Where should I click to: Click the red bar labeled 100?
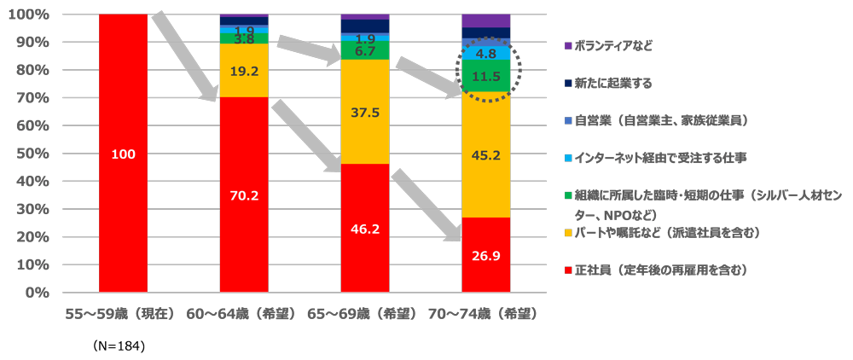[x=123, y=154]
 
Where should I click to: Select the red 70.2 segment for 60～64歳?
[x=244, y=195]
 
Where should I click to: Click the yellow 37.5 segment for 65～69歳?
[x=364, y=112]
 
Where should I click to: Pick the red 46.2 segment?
[x=364, y=229]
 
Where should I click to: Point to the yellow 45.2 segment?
[x=485, y=154]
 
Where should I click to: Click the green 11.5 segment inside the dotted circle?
[x=485, y=76]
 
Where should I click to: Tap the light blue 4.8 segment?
[x=485, y=53]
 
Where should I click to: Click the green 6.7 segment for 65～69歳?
[x=364, y=51]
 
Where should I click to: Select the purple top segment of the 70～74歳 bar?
[x=485, y=20]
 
